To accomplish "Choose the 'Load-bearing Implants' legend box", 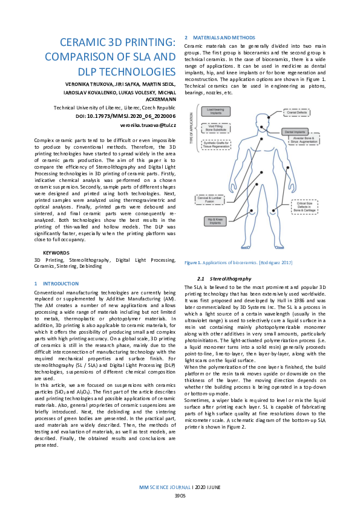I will pos(214,111).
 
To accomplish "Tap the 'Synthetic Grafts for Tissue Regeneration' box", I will pos(214,142).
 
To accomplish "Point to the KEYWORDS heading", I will pos(56,252).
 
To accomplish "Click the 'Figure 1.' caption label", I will pos(193,262).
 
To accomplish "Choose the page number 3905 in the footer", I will pos(180,494).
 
